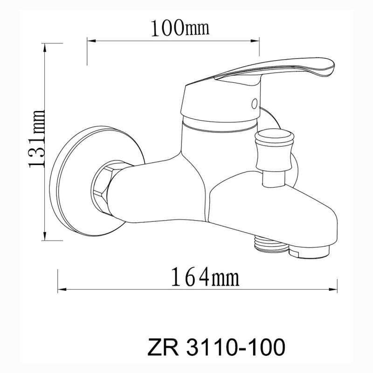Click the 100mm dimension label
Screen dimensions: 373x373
pos(180,28)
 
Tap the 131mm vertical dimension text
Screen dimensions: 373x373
pos(37,139)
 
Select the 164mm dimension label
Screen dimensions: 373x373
pos(205,276)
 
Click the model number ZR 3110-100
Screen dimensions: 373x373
pos(216,347)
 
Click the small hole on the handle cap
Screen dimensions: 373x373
pos(254,104)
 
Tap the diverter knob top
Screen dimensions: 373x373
pos(274,136)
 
